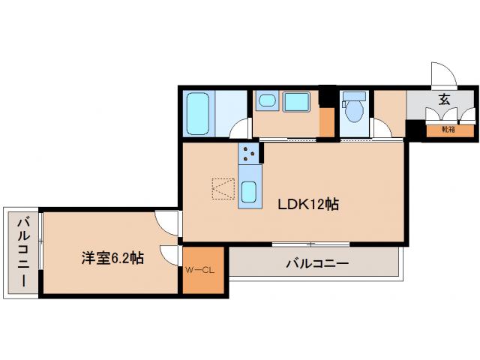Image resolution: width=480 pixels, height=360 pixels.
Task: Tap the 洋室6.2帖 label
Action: click(x=113, y=258)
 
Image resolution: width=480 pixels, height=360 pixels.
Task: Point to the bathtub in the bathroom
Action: click(x=199, y=112)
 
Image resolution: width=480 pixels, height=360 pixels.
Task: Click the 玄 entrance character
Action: click(x=444, y=98)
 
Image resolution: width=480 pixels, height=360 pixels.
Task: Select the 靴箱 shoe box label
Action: click(x=448, y=130)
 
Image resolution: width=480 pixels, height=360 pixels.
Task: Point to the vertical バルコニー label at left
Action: click(x=22, y=252)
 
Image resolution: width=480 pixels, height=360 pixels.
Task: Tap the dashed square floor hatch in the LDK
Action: click(x=223, y=189)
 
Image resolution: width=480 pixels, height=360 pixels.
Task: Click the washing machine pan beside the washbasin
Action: click(x=297, y=101)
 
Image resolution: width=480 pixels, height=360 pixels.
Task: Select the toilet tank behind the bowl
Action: click(x=353, y=97)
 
